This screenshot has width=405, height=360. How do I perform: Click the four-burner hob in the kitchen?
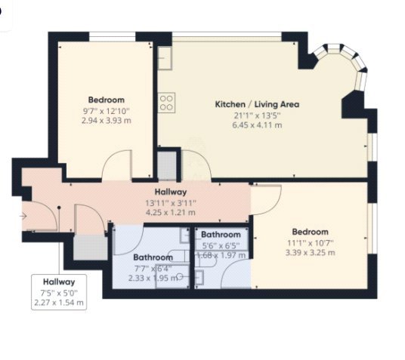click(166, 100)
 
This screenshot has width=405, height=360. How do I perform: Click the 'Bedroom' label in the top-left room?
click(106, 100)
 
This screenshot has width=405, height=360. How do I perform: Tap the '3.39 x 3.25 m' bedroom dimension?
click(311, 253)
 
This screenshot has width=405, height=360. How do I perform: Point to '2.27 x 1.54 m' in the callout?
click(59, 303)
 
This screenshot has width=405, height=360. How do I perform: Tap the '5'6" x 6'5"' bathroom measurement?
click(221, 245)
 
